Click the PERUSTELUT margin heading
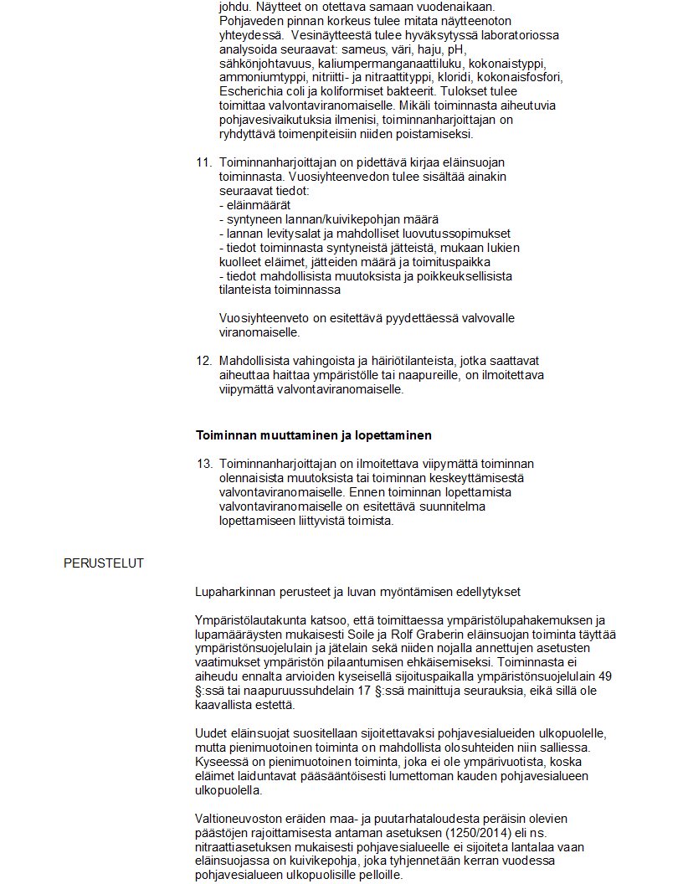103,563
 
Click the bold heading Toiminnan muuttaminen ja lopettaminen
313,435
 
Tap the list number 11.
203,162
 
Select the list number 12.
203,361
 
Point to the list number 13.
203,464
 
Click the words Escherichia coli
261,91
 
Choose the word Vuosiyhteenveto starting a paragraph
259,319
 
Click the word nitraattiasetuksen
244,849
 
